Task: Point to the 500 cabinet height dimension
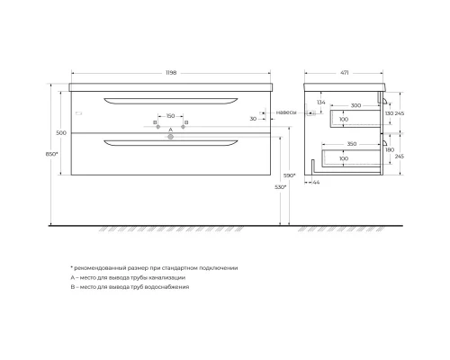click(x=61, y=132)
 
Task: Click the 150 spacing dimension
click(x=170, y=115)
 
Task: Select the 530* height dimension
click(x=281, y=187)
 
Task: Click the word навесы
click(x=286, y=112)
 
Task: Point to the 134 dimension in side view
click(x=321, y=103)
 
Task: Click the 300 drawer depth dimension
click(x=355, y=106)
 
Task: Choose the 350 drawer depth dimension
click(x=354, y=143)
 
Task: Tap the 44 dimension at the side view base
click(x=315, y=182)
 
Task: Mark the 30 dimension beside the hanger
click(x=255, y=119)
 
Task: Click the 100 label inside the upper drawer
click(x=344, y=119)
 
